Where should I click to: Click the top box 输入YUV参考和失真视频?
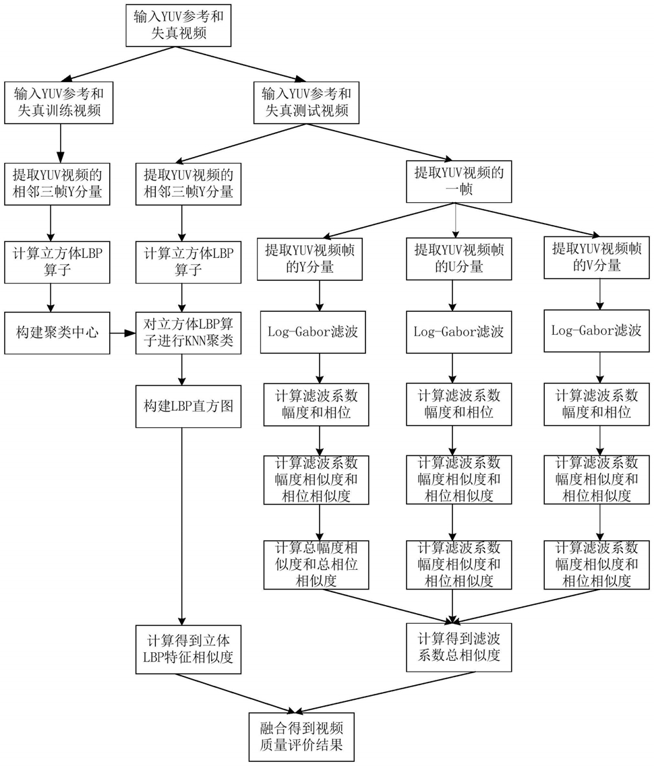(x=179, y=26)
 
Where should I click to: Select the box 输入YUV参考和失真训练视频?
(x=59, y=102)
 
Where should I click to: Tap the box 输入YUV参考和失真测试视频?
(x=307, y=102)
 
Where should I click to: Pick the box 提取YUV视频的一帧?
(x=459, y=181)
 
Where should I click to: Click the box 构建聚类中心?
(x=57, y=333)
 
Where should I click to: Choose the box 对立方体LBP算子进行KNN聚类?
(x=188, y=333)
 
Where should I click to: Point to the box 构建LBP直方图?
(x=188, y=406)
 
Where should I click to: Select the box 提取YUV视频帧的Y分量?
(x=310, y=259)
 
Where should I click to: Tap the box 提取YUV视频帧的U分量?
(x=459, y=259)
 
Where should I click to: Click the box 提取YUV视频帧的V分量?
(x=597, y=257)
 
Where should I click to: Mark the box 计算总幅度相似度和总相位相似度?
(x=316, y=565)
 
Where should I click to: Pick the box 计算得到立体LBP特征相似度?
(x=188, y=649)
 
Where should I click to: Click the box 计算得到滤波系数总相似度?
(x=459, y=647)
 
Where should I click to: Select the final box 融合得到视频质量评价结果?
(x=301, y=737)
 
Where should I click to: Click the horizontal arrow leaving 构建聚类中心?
(x=123, y=333)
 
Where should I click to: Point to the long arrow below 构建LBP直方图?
(x=182, y=527)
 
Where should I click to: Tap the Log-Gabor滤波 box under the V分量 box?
(x=597, y=331)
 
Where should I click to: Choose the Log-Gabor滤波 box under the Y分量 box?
(x=313, y=332)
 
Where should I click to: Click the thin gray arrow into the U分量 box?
(x=456, y=220)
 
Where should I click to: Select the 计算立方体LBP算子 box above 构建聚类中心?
(x=57, y=262)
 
